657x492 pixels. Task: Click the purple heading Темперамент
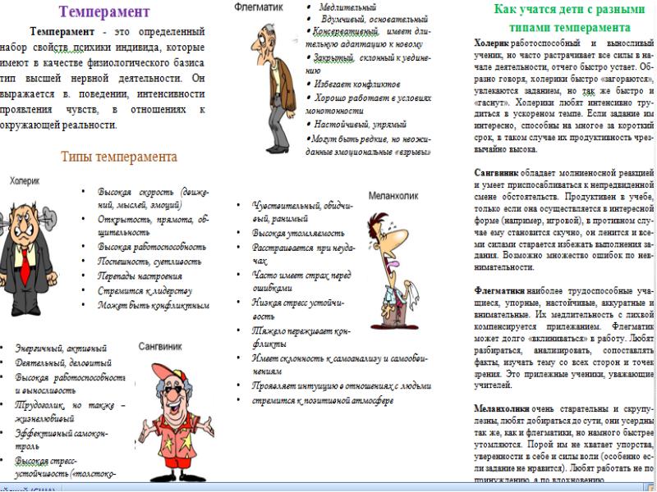click(104, 11)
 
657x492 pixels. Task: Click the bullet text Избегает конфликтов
click(353, 84)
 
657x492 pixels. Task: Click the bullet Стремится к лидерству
click(145, 290)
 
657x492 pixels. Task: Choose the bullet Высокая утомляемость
click(292, 233)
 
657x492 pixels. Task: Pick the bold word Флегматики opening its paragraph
click(502, 290)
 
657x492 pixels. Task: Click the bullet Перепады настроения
click(140, 276)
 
